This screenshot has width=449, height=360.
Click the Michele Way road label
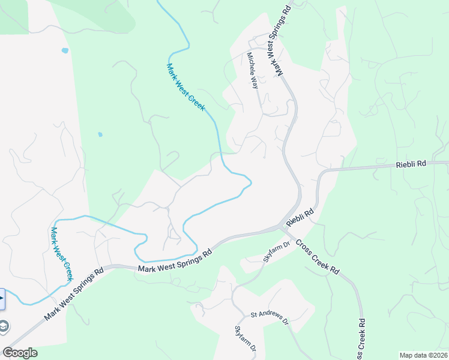click(253, 70)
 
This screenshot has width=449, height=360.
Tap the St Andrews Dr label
click(270, 317)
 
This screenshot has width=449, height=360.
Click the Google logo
click(20, 352)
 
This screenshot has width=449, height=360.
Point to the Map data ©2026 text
click(423, 355)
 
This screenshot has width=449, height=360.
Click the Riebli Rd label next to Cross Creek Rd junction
click(301, 218)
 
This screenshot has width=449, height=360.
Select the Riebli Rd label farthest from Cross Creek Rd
click(411, 164)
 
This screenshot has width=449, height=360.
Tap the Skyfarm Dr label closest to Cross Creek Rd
click(277, 251)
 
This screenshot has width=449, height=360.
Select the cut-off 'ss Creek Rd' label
click(361, 346)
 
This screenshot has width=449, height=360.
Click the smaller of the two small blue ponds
click(100, 134)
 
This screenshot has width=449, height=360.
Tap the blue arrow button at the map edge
click(2, 298)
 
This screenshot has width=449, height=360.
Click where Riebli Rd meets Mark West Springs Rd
click(282, 227)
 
